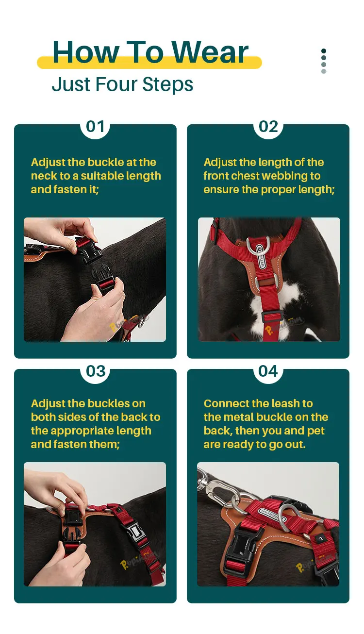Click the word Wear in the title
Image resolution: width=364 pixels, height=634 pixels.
(x=210, y=52)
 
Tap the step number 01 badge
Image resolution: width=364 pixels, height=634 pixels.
(x=95, y=127)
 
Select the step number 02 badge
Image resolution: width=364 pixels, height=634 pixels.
(x=268, y=127)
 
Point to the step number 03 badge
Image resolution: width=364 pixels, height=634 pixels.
(x=96, y=371)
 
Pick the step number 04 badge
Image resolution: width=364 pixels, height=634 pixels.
(x=268, y=371)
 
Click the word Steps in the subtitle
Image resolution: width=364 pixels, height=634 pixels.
(x=167, y=84)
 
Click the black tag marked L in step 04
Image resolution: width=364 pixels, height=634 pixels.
(x=320, y=538)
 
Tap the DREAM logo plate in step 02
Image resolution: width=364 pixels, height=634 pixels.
(x=261, y=257)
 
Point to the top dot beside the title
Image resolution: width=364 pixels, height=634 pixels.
(x=324, y=51)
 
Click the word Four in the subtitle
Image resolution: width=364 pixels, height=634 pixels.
(x=117, y=84)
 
